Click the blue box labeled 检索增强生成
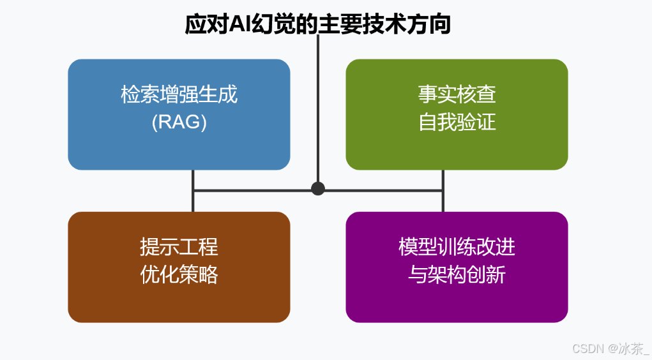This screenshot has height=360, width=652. (179, 147)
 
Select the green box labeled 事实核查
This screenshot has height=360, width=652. (457, 147)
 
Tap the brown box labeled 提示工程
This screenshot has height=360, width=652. (179, 300)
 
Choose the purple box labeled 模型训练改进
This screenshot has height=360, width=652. (457, 300)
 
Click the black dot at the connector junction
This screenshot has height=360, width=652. (318, 188)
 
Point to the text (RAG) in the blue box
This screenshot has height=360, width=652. (179, 122)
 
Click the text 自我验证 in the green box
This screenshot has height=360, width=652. (457, 122)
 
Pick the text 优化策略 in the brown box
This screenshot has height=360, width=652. (179, 274)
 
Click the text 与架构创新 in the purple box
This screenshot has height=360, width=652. (457, 274)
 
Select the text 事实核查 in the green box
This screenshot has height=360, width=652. (457, 95)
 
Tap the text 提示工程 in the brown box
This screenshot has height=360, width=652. (179, 246)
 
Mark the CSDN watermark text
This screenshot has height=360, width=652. (588, 349)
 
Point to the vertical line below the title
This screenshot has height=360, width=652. (318, 109)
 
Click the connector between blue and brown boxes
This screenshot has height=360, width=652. (193, 191)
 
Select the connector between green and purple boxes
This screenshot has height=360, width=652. (443, 191)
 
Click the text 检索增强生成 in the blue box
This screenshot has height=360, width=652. (179, 95)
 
